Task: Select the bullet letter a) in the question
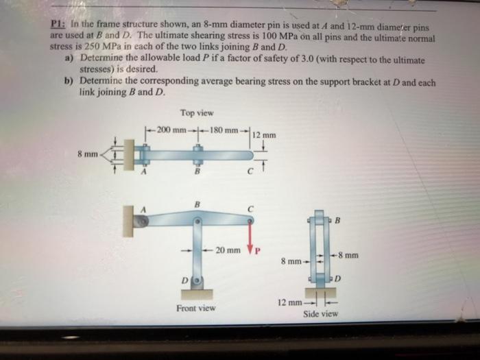tap(69, 60)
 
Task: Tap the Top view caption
tap(197, 112)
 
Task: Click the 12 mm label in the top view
tap(264, 135)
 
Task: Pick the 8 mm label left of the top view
tap(87, 154)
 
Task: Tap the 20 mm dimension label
tap(228, 250)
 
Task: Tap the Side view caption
tap(320, 313)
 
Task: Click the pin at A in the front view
tap(142, 221)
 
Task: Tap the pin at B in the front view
tap(197, 222)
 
